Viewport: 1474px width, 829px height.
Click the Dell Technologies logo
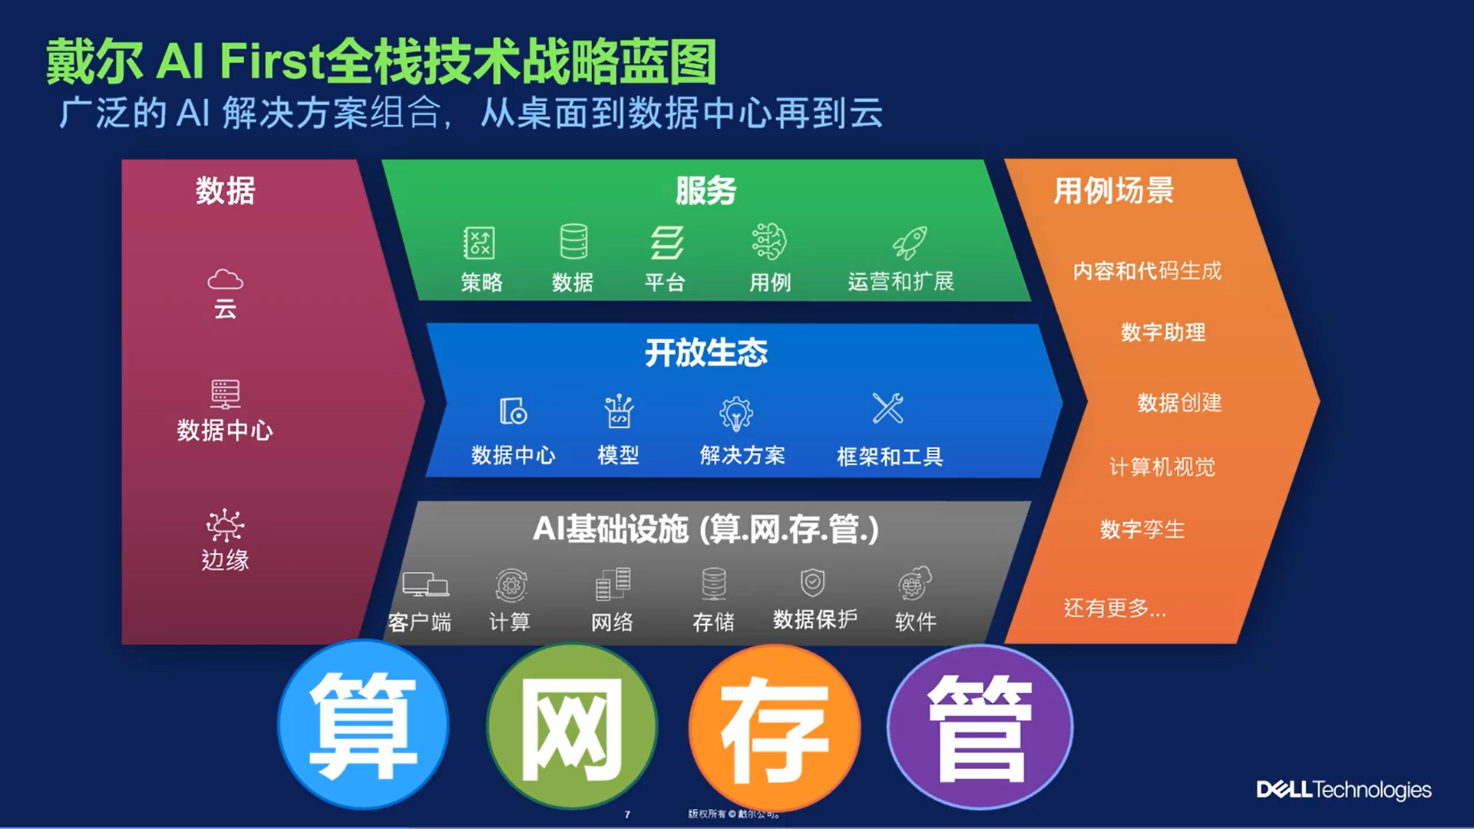coord(1343,790)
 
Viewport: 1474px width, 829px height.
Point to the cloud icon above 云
coord(225,279)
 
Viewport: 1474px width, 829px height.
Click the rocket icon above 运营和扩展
coord(910,243)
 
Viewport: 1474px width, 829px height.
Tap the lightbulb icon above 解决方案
coord(736,413)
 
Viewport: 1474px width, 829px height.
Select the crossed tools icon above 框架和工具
coord(888,408)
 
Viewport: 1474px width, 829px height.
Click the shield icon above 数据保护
coord(812,583)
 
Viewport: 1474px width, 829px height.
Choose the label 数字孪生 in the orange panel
coord(1142,529)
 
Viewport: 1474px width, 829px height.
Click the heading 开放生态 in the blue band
coord(706,353)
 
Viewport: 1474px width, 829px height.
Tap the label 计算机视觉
coord(1162,467)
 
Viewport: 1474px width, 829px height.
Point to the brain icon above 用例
coord(769,242)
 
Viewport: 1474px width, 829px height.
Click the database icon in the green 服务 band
coord(573,242)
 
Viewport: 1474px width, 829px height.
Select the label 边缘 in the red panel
coord(225,560)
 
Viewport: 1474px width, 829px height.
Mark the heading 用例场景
coord(1114,190)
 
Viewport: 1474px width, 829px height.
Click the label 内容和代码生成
coord(1147,271)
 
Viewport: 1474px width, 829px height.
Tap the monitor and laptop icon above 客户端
coord(425,585)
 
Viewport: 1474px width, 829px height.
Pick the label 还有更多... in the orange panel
coord(1115,608)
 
